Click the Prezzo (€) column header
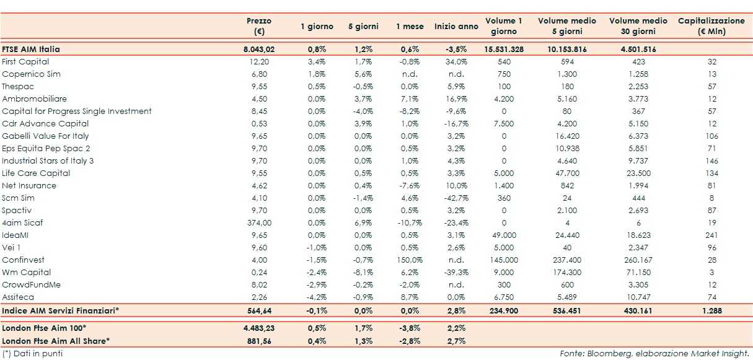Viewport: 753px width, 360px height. click(x=258, y=26)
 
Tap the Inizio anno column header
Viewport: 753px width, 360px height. click(x=456, y=27)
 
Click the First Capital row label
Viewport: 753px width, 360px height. click(x=25, y=62)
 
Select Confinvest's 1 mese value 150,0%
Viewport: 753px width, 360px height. click(x=410, y=260)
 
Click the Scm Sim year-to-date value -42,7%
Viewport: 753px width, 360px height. click(x=456, y=198)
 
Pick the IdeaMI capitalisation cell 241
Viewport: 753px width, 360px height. click(x=711, y=235)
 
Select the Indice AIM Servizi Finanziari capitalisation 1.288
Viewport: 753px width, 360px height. click(x=711, y=310)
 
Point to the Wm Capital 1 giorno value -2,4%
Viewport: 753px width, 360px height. click(x=317, y=273)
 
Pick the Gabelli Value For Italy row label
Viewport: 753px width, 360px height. click(x=45, y=136)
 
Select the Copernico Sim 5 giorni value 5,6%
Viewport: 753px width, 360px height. click(x=364, y=74)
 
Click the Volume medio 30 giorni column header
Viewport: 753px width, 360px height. click(x=638, y=26)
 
